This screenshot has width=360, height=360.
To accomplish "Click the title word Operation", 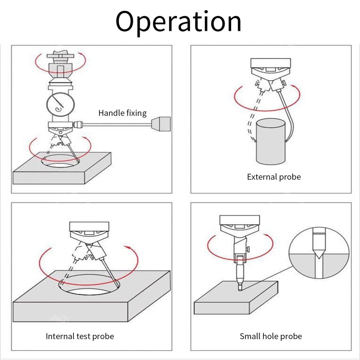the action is (179, 22).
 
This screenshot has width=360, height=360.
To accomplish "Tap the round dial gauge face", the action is (60, 104).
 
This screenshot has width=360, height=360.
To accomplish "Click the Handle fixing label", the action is (122, 113).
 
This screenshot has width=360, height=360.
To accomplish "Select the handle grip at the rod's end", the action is (161, 124).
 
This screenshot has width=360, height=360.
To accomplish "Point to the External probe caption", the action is (274, 177).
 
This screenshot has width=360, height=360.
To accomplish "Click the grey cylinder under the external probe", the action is (271, 141).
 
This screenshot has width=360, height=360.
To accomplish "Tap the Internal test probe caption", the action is (80, 336).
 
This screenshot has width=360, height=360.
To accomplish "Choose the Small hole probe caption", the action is (271, 336).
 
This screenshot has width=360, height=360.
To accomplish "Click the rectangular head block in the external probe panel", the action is (271, 63).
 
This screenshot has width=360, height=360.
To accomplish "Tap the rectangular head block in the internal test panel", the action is (89, 226).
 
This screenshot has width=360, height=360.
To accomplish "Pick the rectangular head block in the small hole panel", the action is (240, 220).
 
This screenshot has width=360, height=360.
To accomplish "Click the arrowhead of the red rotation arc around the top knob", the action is (80, 54).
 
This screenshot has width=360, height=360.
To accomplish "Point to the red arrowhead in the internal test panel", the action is (128, 247).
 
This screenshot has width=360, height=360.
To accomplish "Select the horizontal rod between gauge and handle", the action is (117, 125).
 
